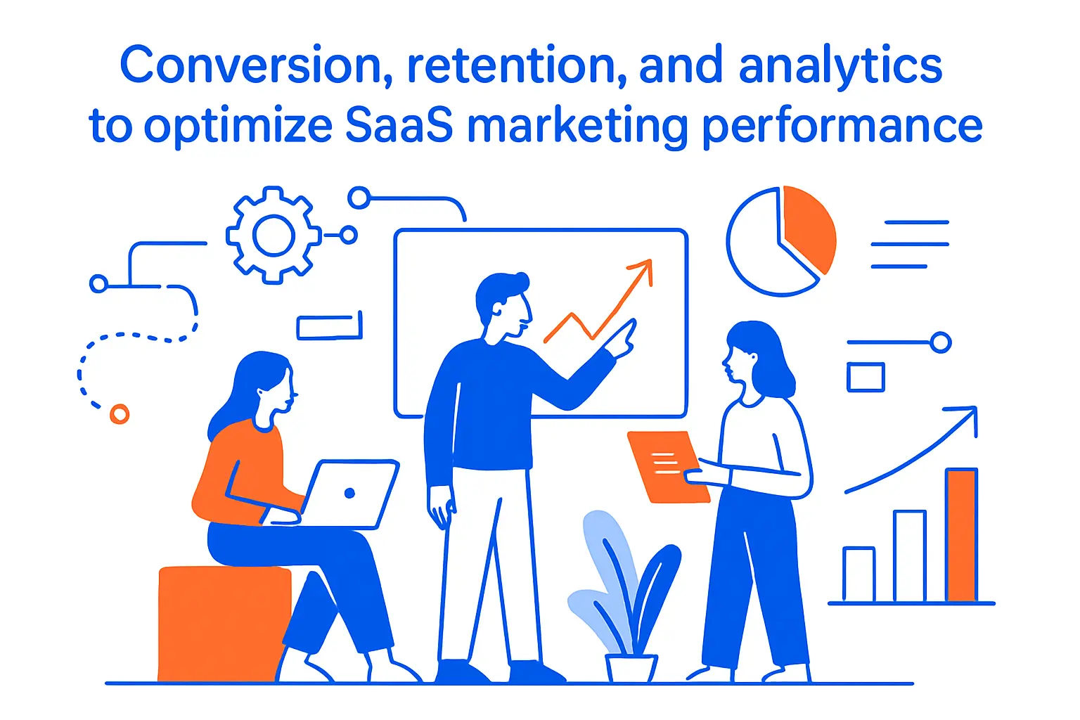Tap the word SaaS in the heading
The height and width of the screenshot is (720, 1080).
[399, 127]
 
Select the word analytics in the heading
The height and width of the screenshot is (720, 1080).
[840, 65]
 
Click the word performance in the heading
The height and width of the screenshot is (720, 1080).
[842, 127]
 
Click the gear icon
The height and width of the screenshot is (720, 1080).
[273, 235]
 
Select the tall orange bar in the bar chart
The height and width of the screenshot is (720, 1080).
[961, 535]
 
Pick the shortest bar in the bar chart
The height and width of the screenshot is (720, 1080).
[859, 574]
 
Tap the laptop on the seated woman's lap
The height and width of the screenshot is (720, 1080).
[349, 494]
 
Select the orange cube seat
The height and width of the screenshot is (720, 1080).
[224, 622]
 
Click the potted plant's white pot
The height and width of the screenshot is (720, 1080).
[631, 668]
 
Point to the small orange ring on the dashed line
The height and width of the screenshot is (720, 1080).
[120, 414]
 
